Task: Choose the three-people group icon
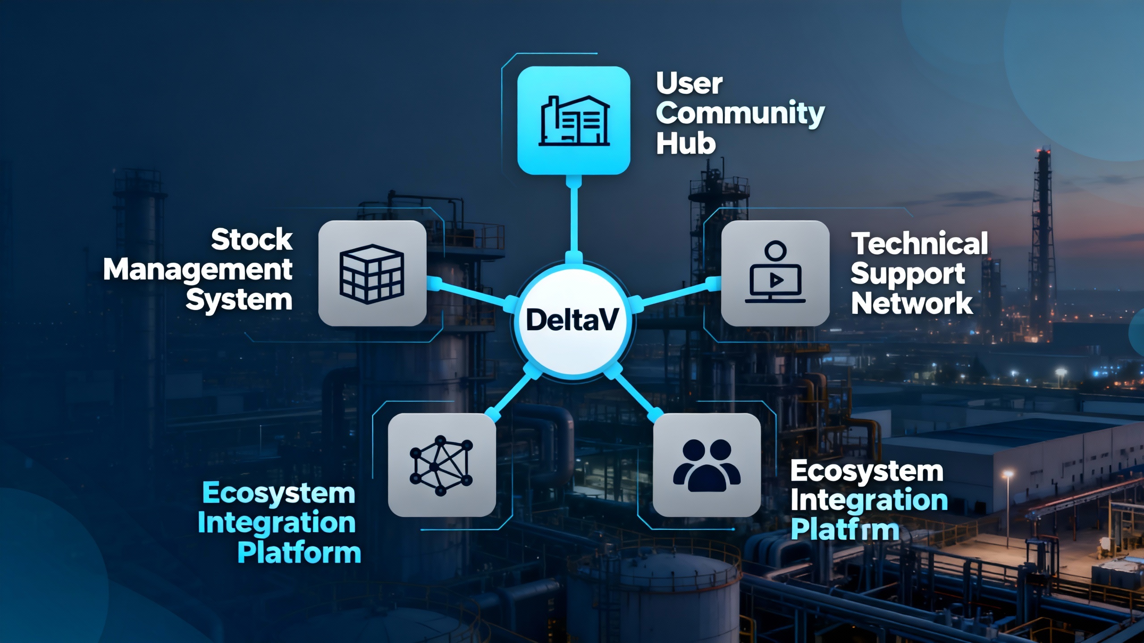[x=707, y=465]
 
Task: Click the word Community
[x=740, y=113]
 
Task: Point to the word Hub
[x=686, y=144]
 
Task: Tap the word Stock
[x=252, y=239]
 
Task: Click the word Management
[x=198, y=271]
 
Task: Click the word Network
[x=912, y=304]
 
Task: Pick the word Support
[x=908, y=274]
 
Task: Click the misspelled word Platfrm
[x=845, y=530]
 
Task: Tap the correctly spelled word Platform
[x=299, y=553]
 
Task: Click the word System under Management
[x=239, y=300]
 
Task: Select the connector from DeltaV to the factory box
[x=574, y=219]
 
